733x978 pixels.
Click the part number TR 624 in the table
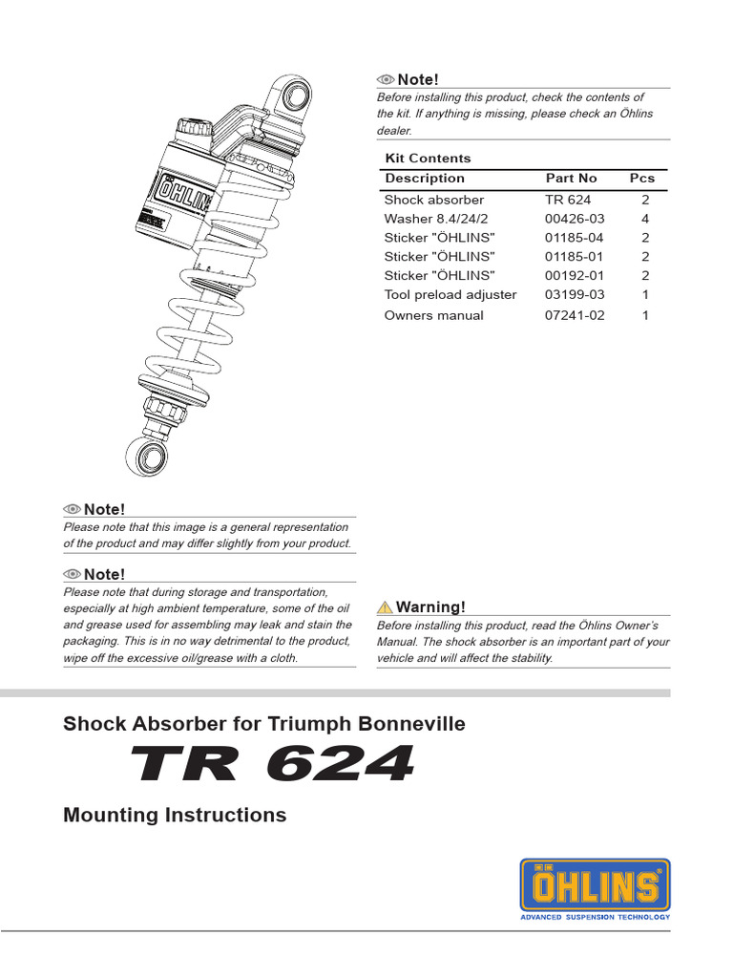click(x=568, y=200)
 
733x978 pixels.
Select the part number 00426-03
click(x=575, y=219)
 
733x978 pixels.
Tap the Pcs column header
click(x=642, y=179)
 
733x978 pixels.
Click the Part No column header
click(x=571, y=179)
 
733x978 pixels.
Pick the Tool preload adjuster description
click(x=450, y=295)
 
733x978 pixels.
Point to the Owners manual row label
click(x=433, y=315)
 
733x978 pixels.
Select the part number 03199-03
click(x=575, y=295)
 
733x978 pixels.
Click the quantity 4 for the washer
click(x=645, y=219)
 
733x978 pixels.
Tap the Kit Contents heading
click(x=428, y=159)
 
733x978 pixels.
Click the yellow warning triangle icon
click(x=385, y=607)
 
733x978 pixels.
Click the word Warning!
click(x=431, y=607)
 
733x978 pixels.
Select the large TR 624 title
click(x=273, y=764)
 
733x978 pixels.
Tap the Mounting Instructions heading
click(x=175, y=815)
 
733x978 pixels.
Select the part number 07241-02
click(x=575, y=315)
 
